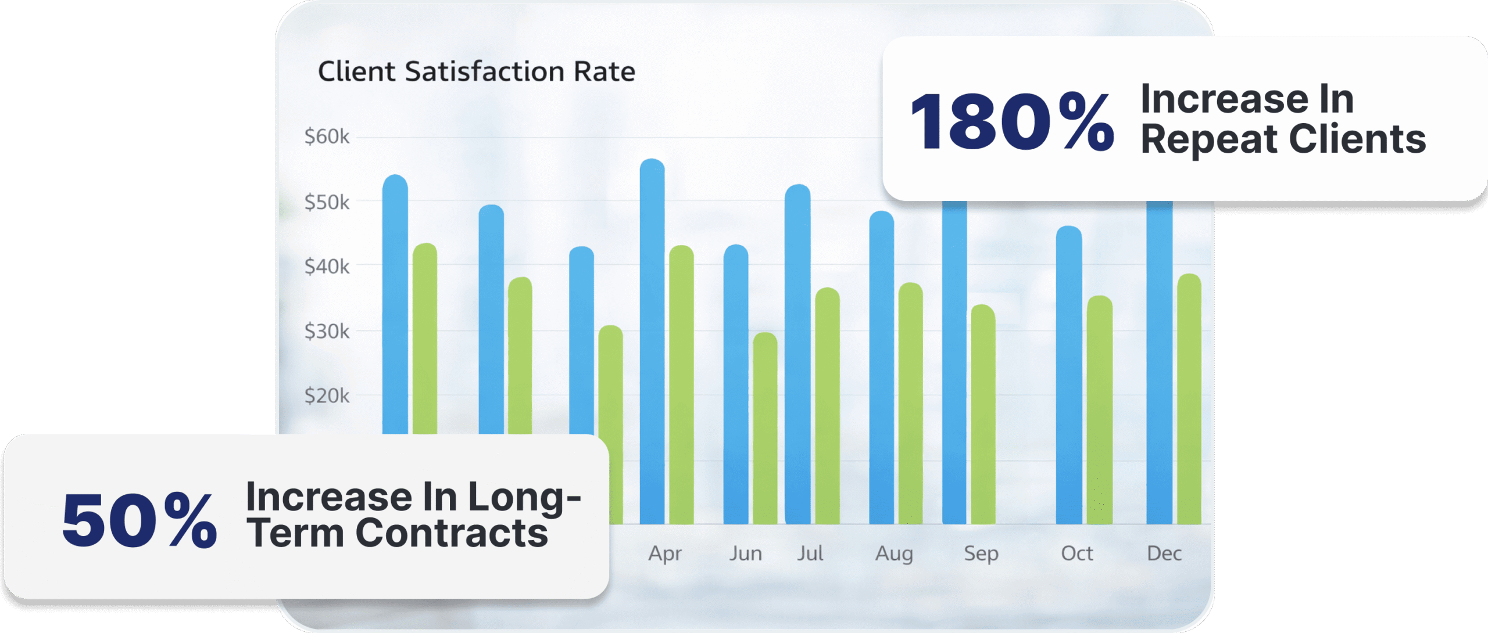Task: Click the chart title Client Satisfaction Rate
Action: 476,72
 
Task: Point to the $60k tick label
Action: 327,137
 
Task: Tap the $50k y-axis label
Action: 327,203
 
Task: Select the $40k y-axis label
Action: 327,267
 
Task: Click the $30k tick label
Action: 327,332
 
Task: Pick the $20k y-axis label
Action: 327,396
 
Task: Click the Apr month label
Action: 665,553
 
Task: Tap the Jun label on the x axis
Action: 746,553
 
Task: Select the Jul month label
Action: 810,553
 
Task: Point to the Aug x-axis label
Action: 894,553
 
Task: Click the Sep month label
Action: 981,553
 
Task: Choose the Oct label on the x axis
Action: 1077,553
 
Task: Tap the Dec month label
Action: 1164,553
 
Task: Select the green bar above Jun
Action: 765,430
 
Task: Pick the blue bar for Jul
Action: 797,354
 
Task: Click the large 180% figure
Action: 1012,123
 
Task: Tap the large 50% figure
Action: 139,520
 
